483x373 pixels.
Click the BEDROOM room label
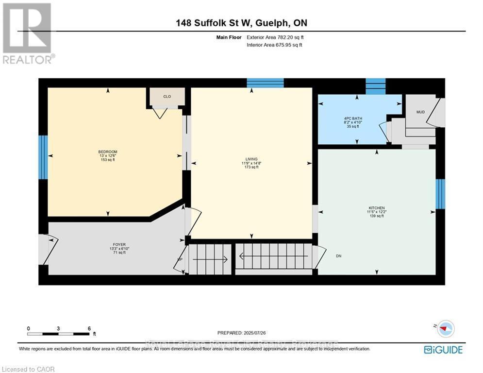(107, 152)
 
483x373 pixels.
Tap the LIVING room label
(251, 158)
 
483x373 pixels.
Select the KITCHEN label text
(376, 208)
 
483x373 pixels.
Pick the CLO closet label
(167, 97)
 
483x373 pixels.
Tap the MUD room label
(420, 112)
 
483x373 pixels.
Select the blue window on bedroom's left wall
(43, 157)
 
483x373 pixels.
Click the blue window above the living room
(265, 83)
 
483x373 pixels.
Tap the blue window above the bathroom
(375, 86)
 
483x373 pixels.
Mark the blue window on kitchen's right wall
(440, 194)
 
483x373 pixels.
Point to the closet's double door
(159, 113)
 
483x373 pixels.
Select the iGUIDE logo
(443, 349)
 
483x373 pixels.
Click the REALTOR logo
(28, 33)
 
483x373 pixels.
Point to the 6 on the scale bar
(89, 328)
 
